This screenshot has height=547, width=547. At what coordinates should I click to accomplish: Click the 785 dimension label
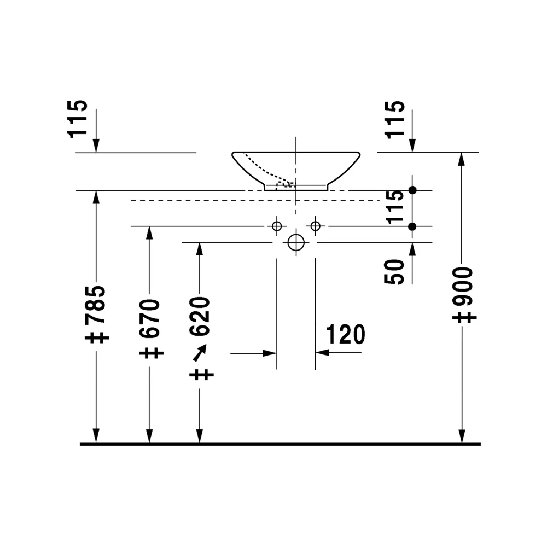pos(95,304)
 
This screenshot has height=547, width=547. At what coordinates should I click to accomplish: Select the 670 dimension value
pos(149,318)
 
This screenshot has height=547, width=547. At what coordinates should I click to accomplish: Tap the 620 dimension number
pos(200,316)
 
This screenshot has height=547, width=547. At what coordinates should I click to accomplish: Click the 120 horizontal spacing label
pos(345,334)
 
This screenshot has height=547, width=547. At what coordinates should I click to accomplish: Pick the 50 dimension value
pos(394,272)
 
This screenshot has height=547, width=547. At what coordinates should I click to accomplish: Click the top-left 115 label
pos(77,119)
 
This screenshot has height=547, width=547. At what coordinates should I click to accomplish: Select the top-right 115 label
pos(394,120)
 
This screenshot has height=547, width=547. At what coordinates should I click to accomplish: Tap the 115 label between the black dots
pos(394,207)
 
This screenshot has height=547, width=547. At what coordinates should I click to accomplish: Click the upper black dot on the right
pos(412,190)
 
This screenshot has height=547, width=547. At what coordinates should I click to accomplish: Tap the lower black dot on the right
pos(412,227)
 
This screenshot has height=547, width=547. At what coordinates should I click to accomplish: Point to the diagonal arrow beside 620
pos(200,353)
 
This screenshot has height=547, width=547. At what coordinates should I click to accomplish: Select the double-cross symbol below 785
pos(97,337)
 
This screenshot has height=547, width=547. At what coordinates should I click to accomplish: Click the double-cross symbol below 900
pos(464,317)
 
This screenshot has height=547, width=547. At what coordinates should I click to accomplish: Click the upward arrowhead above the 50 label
pos(412,249)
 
